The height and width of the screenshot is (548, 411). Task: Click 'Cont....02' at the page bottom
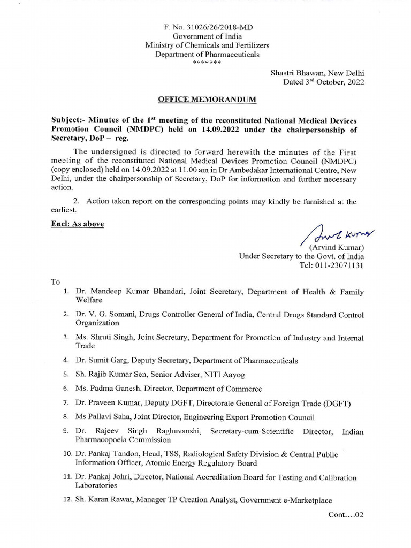pyautogui.click(x=346, y=515)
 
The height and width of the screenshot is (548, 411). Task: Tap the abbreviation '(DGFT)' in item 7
pyautogui.click(x=338, y=403)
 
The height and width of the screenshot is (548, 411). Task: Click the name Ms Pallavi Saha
pyautogui.click(x=101, y=417)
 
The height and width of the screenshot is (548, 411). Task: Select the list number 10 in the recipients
pyautogui.click(x=67, y=454)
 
